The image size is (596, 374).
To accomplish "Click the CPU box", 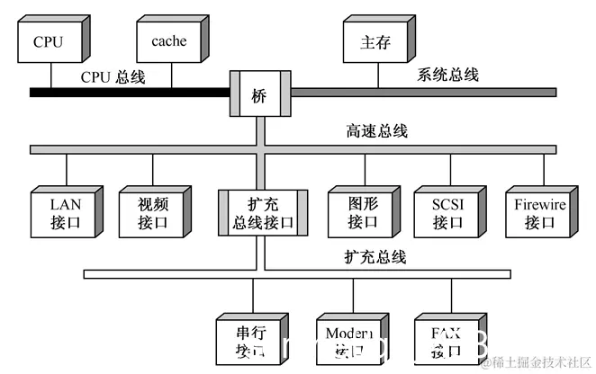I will pyautogui.click(x=49, y=42).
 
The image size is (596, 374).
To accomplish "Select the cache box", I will pyautogui.click(x=168, y=42).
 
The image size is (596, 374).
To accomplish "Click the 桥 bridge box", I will pyautogui.click(x=259, y=93).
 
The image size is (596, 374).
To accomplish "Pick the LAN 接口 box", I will pyautogui.click(x=65, y=213).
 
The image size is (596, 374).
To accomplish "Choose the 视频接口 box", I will pyautogui.click(x=151, y=213).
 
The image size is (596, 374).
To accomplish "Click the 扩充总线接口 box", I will pyautogui.click(x=263, y=213).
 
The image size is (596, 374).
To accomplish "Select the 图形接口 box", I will pyautogui.click(x=362, y=213).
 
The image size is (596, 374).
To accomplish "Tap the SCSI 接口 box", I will pyautogui.click(x=447, y=213).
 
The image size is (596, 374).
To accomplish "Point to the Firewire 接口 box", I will pyautogui.click(x=540, y=213).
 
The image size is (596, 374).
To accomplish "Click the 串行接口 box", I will pyautogui.click(x=250, y=339).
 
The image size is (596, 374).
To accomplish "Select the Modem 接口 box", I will pyautogui.click(x=348, y=339).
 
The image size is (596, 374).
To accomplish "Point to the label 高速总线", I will pyautogui.click(x=376, y=131).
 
